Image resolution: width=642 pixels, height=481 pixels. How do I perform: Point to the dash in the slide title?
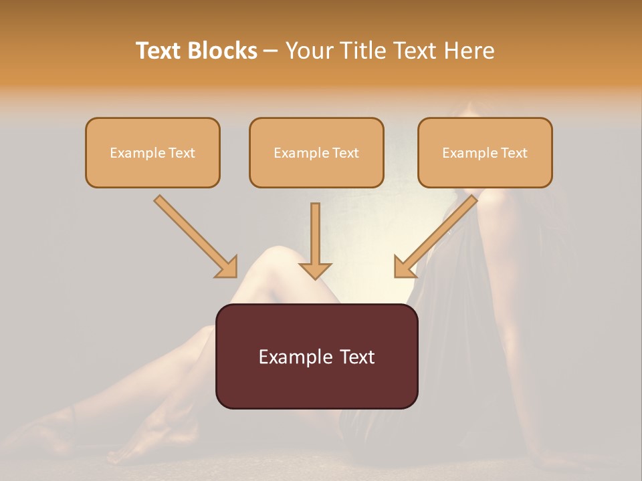point(271,51)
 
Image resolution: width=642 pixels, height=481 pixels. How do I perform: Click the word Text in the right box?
point(514,153)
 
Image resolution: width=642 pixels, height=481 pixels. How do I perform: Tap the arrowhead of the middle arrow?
point(316,270)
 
